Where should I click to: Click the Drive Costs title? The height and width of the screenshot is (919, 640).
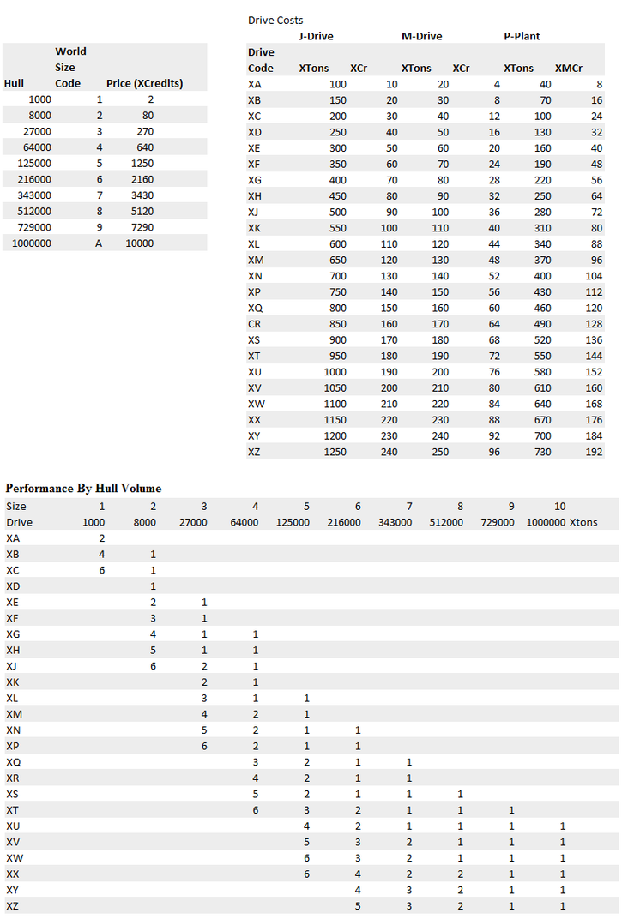[275, 20]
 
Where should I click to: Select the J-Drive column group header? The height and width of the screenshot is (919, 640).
[316, 36]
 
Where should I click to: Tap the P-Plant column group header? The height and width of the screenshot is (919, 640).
[522, 36]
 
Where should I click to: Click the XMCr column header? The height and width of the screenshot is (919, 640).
[569, 68]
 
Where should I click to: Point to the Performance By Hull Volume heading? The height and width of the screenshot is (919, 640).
[83, 488]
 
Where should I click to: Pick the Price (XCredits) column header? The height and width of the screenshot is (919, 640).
[145, 83]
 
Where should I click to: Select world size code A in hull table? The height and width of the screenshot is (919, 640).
[99, 243]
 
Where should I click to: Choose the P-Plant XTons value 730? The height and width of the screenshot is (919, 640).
[540, 452]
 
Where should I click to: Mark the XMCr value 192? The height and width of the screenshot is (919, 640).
[594, 452]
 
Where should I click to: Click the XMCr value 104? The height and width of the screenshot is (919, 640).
[594, 276]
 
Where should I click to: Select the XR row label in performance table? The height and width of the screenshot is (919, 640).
[14, 778]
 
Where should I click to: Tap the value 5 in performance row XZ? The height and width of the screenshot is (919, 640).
[358, 906]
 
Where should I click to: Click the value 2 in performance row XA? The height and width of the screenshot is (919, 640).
[102, 538]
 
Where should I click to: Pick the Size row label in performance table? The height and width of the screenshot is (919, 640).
[16, 506]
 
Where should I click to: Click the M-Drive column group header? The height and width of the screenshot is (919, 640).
[421, 36]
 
